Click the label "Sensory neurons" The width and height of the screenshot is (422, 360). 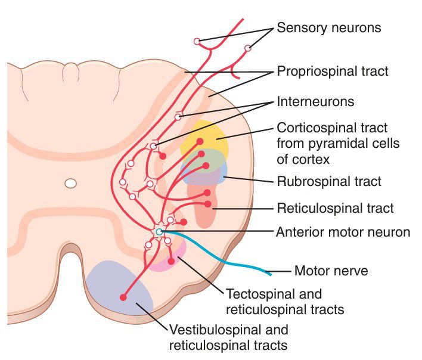[328, 28]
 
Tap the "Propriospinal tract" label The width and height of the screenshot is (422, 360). [333, 72]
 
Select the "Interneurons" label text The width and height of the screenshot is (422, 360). [315, 102]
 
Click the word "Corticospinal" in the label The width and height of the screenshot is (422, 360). [311, 128]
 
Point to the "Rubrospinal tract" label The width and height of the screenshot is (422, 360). [329, 181]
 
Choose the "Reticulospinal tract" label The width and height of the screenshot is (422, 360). [335, 208]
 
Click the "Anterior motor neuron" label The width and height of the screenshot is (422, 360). [343, 232]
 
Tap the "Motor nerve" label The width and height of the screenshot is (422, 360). [331, 272]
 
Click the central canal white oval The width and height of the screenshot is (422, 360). [71, 184]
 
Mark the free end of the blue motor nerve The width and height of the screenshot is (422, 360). [270, 274]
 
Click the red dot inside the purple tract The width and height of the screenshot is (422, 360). [123, 297]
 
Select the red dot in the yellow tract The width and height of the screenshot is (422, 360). [200, 141]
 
